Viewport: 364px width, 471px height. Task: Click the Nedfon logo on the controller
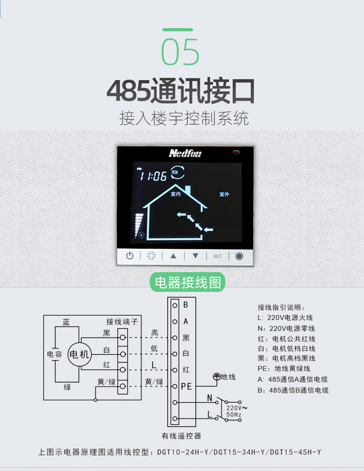(185, 153)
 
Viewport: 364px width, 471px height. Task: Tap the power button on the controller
(129, 256)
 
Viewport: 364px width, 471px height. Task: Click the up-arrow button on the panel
(173, 256)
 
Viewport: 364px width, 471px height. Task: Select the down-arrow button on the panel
(195, 256)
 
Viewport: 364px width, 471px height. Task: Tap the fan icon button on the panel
(151, 256)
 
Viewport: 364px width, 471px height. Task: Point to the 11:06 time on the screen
(153, 175)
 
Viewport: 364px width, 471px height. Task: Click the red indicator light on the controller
(236, 152)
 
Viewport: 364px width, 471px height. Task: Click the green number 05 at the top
(180, 52)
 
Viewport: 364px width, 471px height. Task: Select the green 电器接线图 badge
(188, 282)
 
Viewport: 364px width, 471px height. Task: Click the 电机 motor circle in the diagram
(79, 355)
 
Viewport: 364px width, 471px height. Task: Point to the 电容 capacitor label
(54, 354)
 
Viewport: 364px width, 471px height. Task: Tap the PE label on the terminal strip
(186, 386)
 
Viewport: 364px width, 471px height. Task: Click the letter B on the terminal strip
(186, 305)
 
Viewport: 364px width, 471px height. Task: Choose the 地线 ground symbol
(217, 376)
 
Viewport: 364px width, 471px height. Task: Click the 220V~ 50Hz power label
(236, 411)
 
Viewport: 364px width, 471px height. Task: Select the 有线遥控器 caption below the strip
(181, 436)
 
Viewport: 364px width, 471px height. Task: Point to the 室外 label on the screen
(224, 194)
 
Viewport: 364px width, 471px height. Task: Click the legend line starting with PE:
(284, 369)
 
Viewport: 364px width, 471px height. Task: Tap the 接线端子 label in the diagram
(122, 322)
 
